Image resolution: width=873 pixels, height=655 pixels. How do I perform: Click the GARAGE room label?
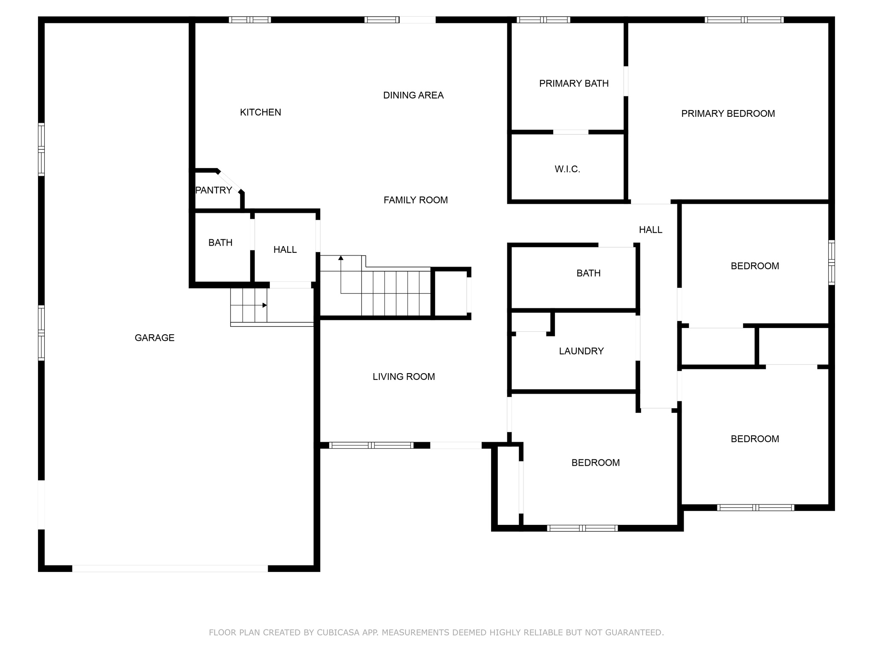click(154, 338)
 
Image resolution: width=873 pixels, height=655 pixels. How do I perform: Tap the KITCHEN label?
click(260, 112)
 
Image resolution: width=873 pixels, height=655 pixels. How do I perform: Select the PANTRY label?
click(214, 190)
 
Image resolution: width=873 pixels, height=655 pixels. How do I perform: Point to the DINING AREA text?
click(413, 95)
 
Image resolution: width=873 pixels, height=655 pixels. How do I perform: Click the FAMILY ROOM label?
click(416, 200)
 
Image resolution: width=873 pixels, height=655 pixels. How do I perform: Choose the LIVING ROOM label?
click(404, 377)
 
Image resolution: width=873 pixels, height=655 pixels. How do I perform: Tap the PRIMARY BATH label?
click(574, 84)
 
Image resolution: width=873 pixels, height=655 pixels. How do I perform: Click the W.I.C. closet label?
click(567, 169)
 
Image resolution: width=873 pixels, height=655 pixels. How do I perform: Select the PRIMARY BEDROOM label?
click(728, 113)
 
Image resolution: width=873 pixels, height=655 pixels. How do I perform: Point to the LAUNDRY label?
click(581, 351)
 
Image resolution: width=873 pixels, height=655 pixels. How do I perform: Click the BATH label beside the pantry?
click(220, 243)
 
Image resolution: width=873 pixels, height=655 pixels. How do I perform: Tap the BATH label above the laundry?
click(589, 273)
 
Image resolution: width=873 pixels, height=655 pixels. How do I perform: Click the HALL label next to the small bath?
click(285, 249)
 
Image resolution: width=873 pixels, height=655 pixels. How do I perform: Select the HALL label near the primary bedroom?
click(650, 230)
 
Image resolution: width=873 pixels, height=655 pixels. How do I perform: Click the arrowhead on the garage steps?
click(265, 305)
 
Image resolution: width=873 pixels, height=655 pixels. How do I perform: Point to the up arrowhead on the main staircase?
click(341, 258)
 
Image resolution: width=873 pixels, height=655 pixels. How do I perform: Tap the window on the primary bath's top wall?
click(543, 20)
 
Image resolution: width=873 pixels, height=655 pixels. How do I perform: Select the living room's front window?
click(371, 445)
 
